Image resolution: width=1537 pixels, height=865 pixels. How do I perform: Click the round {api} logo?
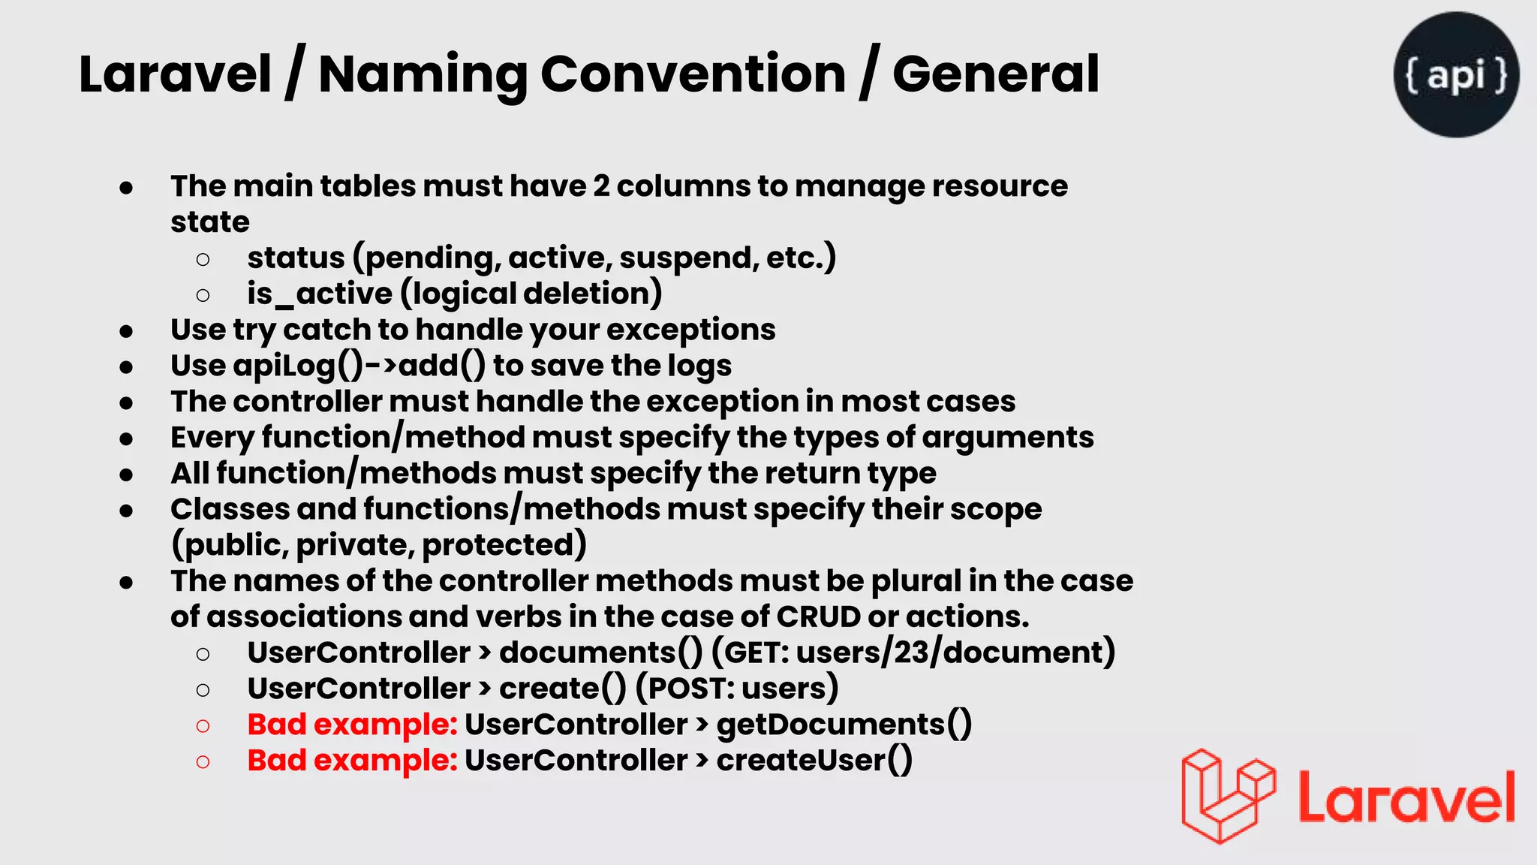point(1456,74)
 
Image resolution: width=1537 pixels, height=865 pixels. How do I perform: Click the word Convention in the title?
point(693,74)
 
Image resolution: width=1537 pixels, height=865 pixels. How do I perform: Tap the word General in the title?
point(995,74)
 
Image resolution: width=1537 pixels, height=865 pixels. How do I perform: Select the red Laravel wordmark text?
point(1406,797)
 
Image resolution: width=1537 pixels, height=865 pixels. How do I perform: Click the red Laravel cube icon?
point(1228,796)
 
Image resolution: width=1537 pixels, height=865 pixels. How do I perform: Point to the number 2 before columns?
point(601,186)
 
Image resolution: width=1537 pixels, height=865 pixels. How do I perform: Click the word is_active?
point(320,294)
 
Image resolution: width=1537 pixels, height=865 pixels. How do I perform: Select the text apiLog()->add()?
point(359,366)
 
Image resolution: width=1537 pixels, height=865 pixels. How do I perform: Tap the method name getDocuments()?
point(844,725)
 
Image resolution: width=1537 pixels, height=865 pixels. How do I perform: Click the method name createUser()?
point(814,761)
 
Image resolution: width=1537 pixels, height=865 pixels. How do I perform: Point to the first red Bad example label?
point(352,725)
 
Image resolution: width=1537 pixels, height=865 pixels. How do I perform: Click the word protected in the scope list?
point(504,545)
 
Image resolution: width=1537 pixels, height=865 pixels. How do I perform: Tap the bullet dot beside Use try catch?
point(126,331)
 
